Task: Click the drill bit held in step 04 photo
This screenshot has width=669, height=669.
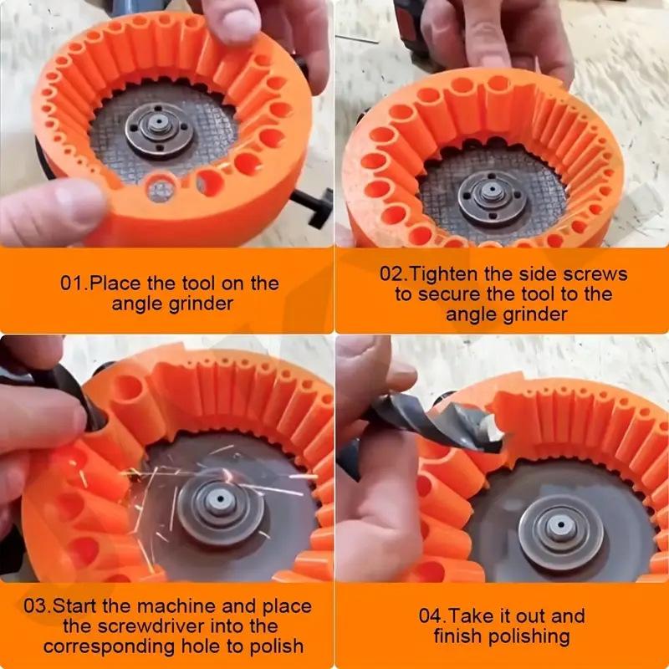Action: coord(418,418)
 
